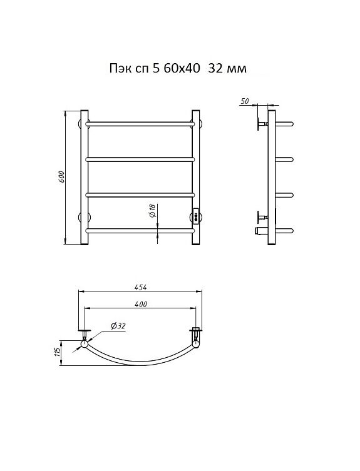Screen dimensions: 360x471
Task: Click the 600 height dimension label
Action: tap(61, 177)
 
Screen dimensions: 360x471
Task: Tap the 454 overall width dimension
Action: tap(140, 287)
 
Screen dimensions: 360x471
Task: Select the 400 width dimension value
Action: tap(140, 304)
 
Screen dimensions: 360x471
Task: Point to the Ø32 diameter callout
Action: tap(118, 326)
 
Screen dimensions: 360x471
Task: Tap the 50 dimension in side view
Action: tap(245, 101)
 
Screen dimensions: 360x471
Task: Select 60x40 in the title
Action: tap(182, 68)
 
